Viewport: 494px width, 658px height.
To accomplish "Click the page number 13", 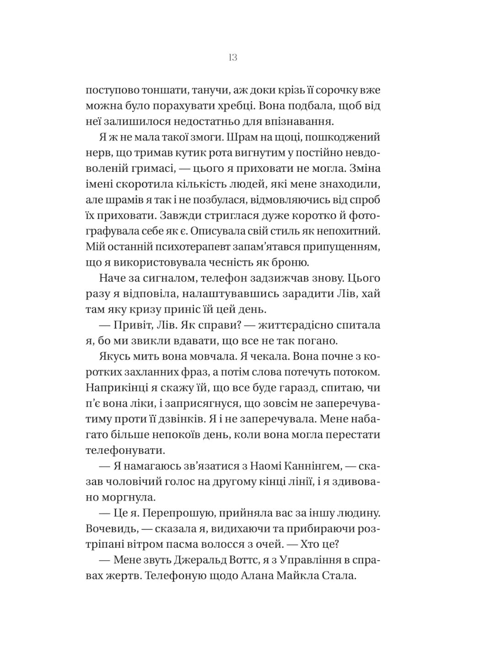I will (232, 58).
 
